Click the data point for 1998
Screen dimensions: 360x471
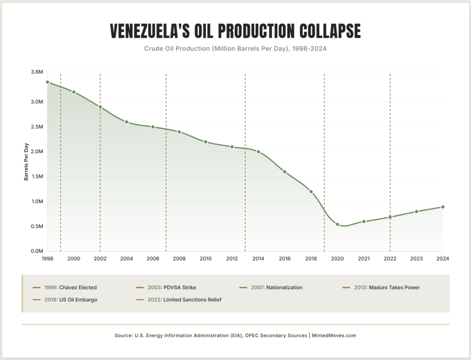[47, 82]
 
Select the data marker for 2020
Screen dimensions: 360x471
[337, 224]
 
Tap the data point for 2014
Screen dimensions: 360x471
[258, 152]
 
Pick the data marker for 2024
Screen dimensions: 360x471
[443, 207]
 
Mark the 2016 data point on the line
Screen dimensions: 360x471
[285, 172]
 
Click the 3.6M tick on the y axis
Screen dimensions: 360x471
[37, 72]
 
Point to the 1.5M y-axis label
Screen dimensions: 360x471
[37, 176]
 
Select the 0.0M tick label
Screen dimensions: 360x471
[37, 251]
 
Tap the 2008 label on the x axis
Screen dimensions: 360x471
[179, 259]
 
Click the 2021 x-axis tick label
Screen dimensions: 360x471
[363, 259]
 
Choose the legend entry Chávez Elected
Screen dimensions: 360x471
[65, 288]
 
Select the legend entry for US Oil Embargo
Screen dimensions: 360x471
[65, 300]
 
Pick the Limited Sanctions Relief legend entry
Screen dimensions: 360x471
[179, 300]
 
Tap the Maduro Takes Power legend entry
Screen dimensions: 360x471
[381, 288]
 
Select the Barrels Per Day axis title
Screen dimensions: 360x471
[27, 161]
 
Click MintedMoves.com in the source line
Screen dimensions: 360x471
[334, 336]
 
